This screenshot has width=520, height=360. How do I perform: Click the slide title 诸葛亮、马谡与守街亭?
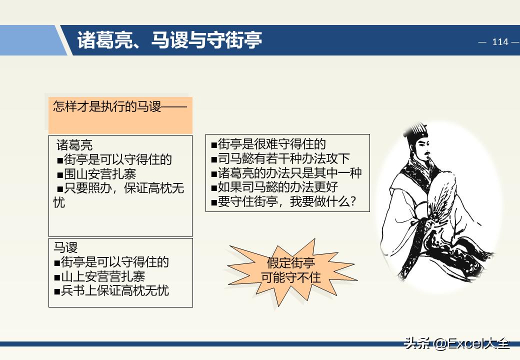tap(169, 40)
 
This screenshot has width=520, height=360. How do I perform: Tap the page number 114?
tap(499, 42)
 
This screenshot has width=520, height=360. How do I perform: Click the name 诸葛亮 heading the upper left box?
tap(74, 145)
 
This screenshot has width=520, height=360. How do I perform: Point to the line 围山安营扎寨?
tap(99, 174)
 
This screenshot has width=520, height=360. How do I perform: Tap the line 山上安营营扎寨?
tap(99, 276)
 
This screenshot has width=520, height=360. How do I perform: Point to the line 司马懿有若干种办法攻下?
tap(280, 159)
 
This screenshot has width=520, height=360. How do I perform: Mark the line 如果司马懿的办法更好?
tap(274, 187)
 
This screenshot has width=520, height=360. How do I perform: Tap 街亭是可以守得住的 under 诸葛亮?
tap(114, 159)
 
